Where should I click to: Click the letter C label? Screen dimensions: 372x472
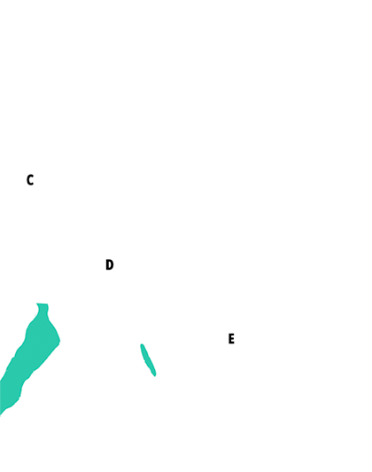pyautogui.click(x=30, y=180)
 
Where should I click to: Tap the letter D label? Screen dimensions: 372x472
pyautogui.click(x=109, y=264)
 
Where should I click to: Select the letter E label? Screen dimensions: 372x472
pyautogui.click(x=231, y=339)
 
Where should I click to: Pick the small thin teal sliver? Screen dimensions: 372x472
pyautogui.click(x=148, y=359)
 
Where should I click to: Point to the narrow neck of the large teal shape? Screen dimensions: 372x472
pyautogui.click(x=43, y=311)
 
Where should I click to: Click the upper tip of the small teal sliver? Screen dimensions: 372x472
pyautogui.click(x=142, y=344)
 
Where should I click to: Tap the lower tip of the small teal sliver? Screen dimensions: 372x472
pyautogui.click(x=155, y=375)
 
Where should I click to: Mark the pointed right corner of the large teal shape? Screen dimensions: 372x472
pyautogui.click(x=59, y=341)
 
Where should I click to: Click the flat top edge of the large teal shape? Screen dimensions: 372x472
pyautogui.click(x=42, y=304)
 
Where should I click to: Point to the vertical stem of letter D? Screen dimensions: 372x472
pyautogui.click(x=107, y=264)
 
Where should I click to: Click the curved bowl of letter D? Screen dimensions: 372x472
pyautogui.click(x=112, y=264)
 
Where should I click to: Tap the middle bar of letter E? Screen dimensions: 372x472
pyautogui.click(x=231, y=338)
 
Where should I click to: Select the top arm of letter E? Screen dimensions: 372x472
pyautogui.click(x=231, y=334)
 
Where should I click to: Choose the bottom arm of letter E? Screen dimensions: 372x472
pyautogui.click(x=231, y=342)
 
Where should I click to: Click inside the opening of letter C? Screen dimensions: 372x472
pyautogui.click(x=31, y=180)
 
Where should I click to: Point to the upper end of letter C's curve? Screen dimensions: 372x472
pyautogui.click(x=33, y=177)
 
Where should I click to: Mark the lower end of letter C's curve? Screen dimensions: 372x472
pyautogui.click(x=33, y=184)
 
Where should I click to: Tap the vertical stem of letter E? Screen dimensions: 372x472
pyautogui.click(x=229, y=339)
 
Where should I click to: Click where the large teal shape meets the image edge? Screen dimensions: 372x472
pyautogui.click(x=0, y=397)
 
